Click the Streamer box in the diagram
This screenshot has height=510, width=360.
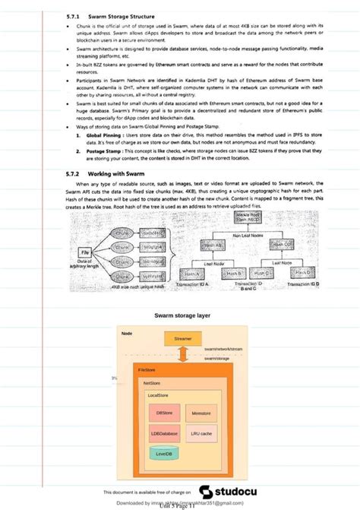(182, 338)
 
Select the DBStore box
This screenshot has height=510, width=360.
(164, 413)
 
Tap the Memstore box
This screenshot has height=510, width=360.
(201, 413)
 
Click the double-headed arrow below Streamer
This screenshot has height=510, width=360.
(183, 354)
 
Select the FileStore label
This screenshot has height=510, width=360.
(147, 369)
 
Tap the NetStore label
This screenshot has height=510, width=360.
(152, 384)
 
